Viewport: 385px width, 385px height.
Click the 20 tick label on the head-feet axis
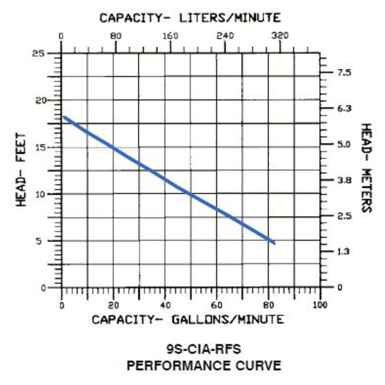pyautogui.click(x=40, y=101)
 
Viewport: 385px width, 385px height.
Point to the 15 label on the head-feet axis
pyautogui.click(x=40, y=148)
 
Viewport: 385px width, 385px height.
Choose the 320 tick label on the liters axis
pyautogui.click(x=280, y=36)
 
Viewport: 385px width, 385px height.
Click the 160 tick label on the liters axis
pyautogui.click(x=171, y=36)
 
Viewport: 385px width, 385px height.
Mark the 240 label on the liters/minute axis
pyautogui.click(x=225, y=36)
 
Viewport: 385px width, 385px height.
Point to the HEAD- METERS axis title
pyautogui.click(x=366, y=168)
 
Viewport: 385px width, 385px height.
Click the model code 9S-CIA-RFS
pyautogui.click(x=204, y=349)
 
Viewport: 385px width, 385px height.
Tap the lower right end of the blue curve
pyautogui.click(x=274, y=243)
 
